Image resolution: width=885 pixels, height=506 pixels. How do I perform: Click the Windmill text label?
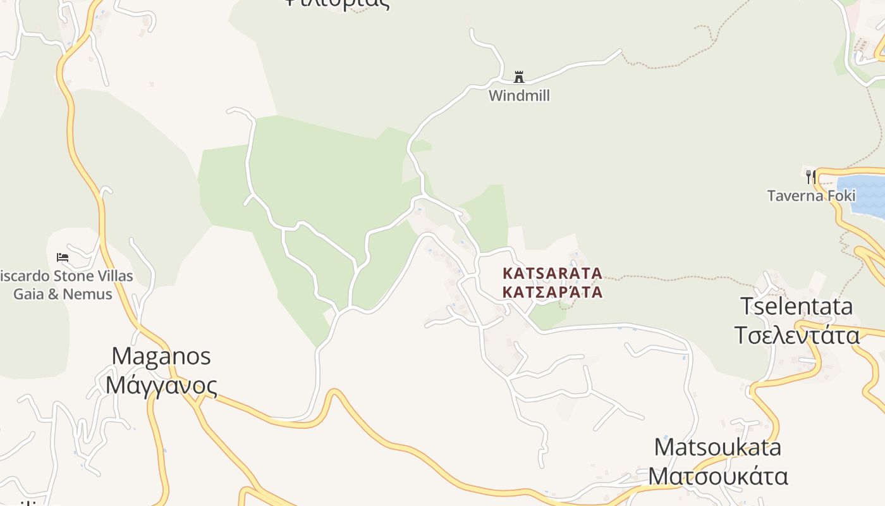519,96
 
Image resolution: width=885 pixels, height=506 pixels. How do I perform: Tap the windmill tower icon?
519,77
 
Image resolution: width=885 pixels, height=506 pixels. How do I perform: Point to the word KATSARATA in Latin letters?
552,273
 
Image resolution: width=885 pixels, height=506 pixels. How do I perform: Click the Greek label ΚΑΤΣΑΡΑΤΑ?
552,292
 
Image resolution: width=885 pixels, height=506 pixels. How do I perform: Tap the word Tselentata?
796,306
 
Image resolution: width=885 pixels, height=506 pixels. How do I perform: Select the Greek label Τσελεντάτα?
796,335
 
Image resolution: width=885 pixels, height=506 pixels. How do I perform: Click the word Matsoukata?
717,447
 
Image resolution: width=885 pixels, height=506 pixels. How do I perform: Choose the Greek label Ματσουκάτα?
718,476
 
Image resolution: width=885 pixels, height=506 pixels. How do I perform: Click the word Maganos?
161,355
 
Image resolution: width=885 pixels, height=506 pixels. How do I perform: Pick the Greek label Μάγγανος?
161,385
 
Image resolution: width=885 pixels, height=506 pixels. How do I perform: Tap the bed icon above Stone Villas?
63,257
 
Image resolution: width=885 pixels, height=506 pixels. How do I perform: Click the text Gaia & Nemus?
63,294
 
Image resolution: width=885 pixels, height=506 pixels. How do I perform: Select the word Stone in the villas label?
63,276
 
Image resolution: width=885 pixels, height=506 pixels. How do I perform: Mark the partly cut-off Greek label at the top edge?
336,3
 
